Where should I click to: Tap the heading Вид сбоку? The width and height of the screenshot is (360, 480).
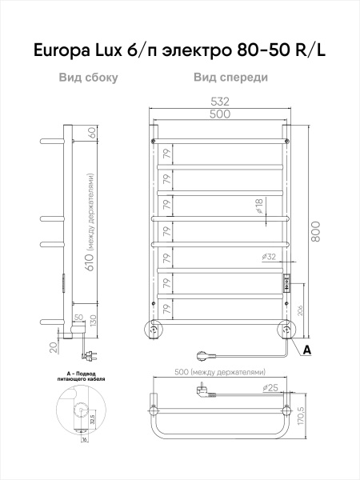tap(88, 78)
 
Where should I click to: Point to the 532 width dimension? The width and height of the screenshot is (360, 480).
tap(220, 102)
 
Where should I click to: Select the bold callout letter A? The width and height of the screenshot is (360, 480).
tap(306, 349)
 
